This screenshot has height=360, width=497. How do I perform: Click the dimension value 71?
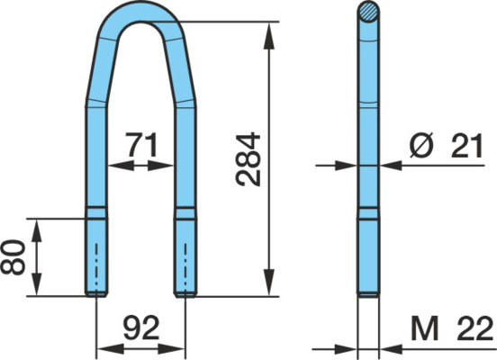tap(141, 145)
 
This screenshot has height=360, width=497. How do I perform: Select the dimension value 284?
tap(248, 159)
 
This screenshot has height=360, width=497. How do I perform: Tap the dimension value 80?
tap(13, 257)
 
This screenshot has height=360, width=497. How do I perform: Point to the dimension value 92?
tap(141, 328)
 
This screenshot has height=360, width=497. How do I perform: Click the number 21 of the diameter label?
tap(466, 146)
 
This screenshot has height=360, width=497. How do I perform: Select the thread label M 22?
tap(452, 328)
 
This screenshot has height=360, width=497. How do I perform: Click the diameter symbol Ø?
tap(421, 146)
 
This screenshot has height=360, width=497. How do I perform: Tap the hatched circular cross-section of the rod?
tap(368, 12)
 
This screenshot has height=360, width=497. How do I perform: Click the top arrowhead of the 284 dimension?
tap(269, 36)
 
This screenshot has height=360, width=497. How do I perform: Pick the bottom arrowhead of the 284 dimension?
tap(269, 282)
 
